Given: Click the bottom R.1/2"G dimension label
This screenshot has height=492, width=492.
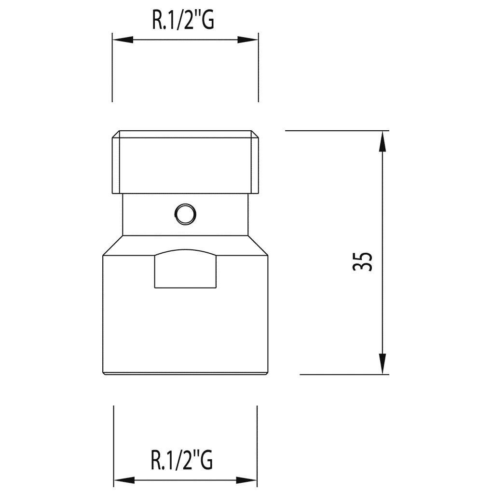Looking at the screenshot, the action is click(x=182, y=460).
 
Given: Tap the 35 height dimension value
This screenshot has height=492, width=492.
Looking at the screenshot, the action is click(x=362, y=261).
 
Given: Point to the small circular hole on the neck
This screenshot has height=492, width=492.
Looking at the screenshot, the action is click(x=185, y=214).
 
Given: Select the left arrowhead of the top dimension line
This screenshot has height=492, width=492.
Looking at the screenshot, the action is click(x=123, y=40).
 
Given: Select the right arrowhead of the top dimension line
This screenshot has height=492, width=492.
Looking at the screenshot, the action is click(x=247, y=40).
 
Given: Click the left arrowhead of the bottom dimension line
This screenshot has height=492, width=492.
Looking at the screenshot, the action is click(x=124, y=480).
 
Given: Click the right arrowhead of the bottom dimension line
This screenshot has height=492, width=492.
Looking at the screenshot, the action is click(x=246, y=480).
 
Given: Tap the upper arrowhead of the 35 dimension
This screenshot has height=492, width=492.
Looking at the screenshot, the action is click(x=382, y=141).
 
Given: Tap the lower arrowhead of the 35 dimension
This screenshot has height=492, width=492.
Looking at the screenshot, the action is click(x=382, y=364).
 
